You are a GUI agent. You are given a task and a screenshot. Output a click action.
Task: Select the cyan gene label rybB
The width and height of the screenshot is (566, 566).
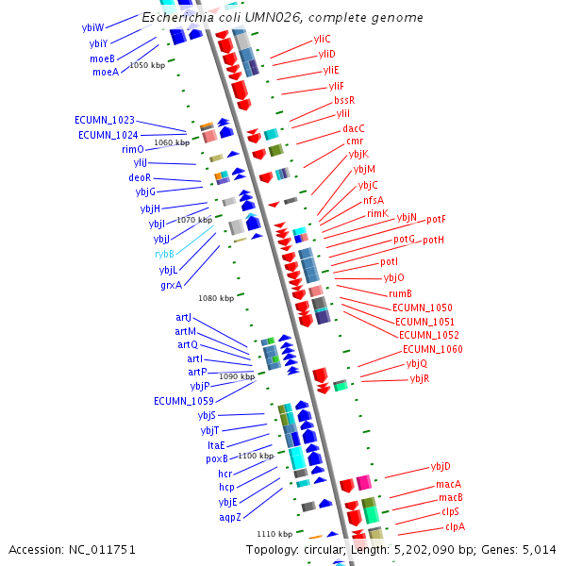164,255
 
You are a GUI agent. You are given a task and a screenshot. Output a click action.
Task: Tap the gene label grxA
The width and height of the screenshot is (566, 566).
171,285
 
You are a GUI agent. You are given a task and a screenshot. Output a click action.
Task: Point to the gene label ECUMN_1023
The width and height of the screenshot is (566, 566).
104,121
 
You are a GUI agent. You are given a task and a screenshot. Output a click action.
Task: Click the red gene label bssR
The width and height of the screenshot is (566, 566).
344,100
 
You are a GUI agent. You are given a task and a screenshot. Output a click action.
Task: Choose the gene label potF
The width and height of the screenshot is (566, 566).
436,220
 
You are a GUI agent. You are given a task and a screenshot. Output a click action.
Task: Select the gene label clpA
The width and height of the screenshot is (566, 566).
455,526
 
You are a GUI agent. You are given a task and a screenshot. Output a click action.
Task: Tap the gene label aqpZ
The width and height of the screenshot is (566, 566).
230,517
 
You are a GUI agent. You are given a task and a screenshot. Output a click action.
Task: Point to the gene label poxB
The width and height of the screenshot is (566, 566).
217,459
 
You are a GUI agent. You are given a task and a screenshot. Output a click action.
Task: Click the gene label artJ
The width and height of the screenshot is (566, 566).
184,318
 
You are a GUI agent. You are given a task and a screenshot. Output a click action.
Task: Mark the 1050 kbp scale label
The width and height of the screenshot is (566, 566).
146,65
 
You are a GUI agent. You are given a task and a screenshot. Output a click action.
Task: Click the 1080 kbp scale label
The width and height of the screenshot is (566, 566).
216,298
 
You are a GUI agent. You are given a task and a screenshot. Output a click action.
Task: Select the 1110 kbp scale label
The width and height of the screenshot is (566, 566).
275,534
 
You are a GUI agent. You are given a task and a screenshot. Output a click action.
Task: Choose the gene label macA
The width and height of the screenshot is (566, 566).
448,484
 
